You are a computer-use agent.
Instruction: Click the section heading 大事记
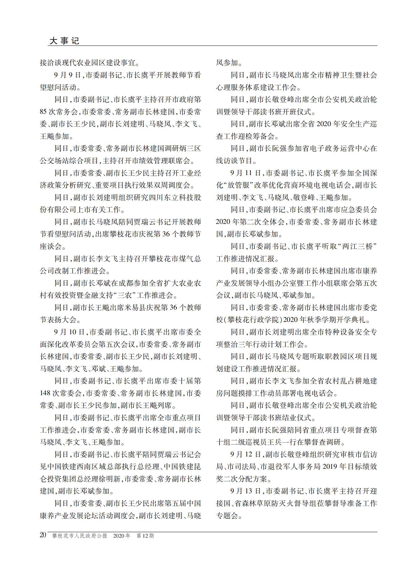[x=64, y=41]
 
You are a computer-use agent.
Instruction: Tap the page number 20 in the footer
[x=43, y=535]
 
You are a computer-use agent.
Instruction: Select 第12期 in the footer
[x=145, y=536]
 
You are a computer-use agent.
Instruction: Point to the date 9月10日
[x=69, y=332]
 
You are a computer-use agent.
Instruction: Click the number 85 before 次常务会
[x=43, y=112]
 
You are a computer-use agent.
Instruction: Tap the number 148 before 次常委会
[x=45, y=393]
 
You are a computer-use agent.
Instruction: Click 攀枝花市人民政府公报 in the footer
[x=80, y=536]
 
